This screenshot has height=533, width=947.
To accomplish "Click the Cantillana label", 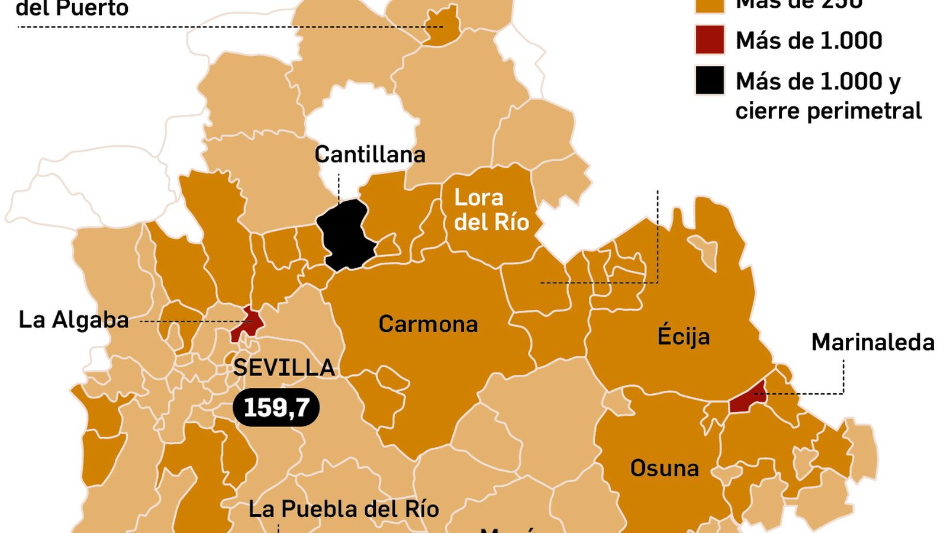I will tap(370, 155).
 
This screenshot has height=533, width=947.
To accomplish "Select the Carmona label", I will tap(428, 324).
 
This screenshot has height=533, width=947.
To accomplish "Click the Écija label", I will tap(684, 336).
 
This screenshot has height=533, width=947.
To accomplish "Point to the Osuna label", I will tap(664, 468).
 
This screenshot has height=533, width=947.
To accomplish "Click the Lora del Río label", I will tap(491, 210).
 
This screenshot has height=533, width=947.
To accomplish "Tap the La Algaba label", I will tap(74, 320).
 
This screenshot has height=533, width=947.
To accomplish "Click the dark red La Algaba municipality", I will tap(247, 323).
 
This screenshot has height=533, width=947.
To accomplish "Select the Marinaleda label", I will tap(872, 342).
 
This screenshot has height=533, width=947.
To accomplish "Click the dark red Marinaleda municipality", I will tap(748, 399).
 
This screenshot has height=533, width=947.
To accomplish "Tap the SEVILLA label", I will tap(284, 368).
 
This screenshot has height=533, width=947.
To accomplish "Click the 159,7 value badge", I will tap(276, 407).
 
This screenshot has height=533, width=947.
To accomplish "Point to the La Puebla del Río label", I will tap(343, 509).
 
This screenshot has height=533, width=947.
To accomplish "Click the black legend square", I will tap(710, 81).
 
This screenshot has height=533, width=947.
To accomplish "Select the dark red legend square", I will tap(710, 40).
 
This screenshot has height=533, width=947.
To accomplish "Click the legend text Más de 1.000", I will tap(809, 40).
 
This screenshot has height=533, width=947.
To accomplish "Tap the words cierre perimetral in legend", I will tap(828, 111).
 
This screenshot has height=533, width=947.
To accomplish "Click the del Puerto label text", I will tap(72, 8).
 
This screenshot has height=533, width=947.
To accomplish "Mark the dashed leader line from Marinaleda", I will tap(842, 379).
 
